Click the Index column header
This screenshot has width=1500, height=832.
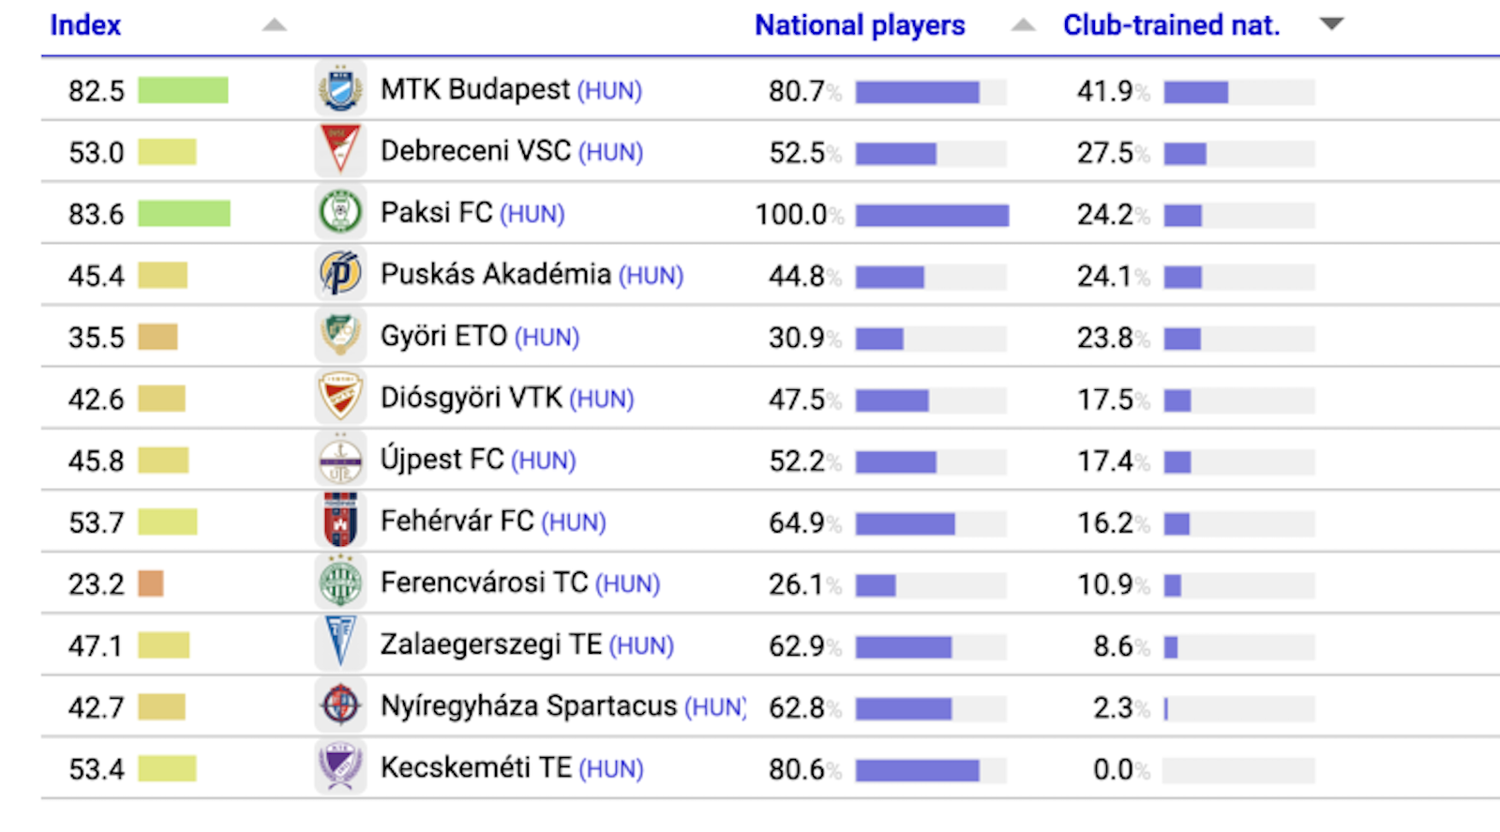pos(85,25)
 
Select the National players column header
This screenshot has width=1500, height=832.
pos(860,25)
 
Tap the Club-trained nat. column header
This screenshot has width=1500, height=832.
pos(1171,25)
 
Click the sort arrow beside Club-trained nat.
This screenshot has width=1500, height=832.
pos(1331,24)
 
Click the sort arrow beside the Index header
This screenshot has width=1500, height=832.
pos(274,25)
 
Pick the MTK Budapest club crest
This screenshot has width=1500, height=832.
pos(340,90)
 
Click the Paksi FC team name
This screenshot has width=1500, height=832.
pos(436,214)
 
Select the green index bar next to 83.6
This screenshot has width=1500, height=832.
pos(184,214)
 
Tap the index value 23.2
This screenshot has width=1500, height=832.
pos(96,584)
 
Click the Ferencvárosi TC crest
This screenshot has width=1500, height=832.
pos(340,583)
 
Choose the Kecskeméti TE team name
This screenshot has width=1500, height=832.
pos(476,768)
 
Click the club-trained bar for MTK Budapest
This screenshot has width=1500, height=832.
pos(1196,92)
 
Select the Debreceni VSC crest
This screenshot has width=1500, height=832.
pos(340,151)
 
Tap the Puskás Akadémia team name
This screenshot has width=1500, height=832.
pos(495,275)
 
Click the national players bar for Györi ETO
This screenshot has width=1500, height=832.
pos(879,339)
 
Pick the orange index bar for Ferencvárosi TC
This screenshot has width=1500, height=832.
pos(151,584)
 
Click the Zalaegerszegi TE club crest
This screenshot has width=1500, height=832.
pos(340,644)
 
